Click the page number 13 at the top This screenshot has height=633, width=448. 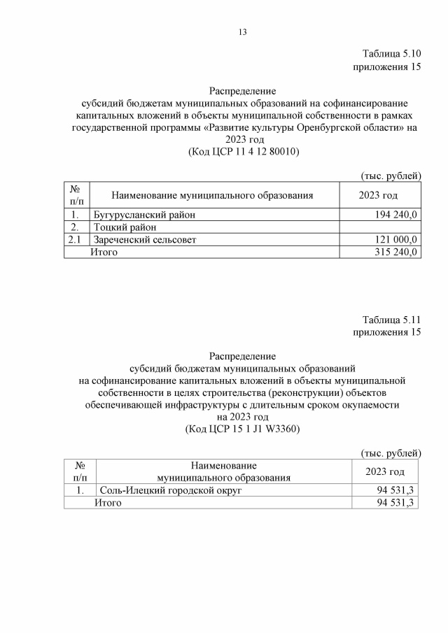(243, 32)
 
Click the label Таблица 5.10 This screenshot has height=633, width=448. (391, 54)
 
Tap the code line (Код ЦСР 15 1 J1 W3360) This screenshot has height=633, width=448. (243, 429)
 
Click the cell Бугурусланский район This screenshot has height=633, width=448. (145, 215)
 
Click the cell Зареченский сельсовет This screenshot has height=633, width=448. (145, 240)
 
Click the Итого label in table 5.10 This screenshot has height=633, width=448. (104, 253)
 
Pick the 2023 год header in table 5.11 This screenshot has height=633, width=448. (385, 472)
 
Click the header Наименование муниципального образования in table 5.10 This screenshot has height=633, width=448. (211, 195)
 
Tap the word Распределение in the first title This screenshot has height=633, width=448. (243, 91)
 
